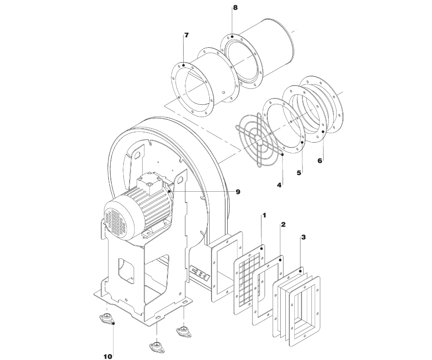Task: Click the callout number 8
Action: tap(235, 8)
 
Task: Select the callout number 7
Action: tap(186, 35)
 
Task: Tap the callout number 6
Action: tap(319, 161)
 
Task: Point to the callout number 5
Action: tap(299, 173)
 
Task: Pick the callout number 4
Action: tap(279, 185)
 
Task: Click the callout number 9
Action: tap(238, 192)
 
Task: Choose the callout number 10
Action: tap(108, 356)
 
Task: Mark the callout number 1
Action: tap(264, 215)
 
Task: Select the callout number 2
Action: tap(283, 225)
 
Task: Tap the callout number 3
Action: tap(303, 237)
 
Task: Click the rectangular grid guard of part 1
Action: tap(249, 279)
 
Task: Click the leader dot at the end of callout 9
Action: tap(169, 191)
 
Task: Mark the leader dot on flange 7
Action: tap(183, 65)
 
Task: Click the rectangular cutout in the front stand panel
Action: tap(127, 271)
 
